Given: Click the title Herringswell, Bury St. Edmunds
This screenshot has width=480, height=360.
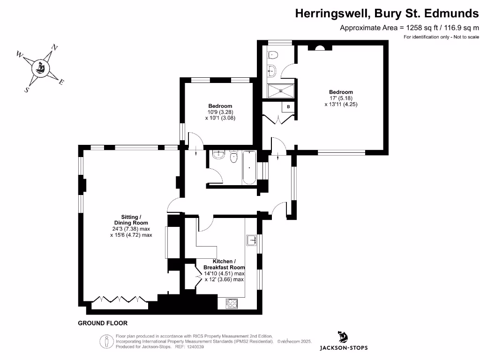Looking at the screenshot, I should (x=387, y=14).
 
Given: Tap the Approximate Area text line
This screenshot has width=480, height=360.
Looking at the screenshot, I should (x=409, y=28).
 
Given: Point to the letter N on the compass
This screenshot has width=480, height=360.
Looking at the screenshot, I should (x=55, y=47).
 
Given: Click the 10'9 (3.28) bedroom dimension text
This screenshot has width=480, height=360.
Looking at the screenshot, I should (x=220, y=112).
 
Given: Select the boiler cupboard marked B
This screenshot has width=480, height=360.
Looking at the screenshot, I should (x=288, y=107).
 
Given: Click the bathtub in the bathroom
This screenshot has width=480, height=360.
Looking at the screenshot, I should (x=249, y=167).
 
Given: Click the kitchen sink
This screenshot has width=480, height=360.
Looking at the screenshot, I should (x=252, y=240).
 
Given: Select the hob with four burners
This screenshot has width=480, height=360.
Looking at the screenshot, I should (x=232, y=303).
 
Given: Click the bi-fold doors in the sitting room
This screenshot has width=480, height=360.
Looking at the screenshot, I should (x=120, y=299).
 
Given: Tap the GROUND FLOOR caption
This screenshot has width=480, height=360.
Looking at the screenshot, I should (x=103, y=323).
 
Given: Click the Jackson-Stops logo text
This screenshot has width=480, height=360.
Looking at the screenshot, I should (x=344, y=348).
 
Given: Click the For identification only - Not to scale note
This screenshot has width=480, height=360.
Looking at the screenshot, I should (x=441, y=37).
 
